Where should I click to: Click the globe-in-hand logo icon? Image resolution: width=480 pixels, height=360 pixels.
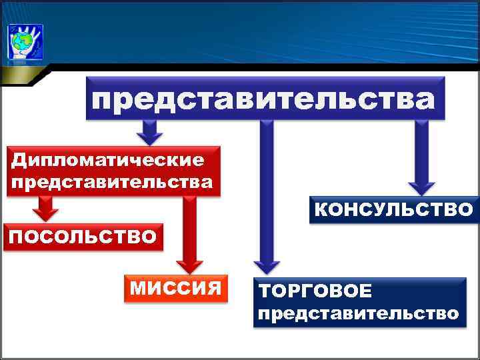[x=25, y=41]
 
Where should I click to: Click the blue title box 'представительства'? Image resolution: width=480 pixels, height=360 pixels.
[x=264, y=100]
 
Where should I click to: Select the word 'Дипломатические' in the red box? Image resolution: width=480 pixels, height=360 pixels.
[x=107, y=161]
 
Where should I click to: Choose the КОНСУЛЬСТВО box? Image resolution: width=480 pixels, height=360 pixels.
[x=393, y=210]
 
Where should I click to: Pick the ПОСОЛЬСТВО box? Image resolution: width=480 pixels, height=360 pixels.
[x=83, y=236]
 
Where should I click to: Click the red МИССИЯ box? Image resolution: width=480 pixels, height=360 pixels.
[x=175, y=288]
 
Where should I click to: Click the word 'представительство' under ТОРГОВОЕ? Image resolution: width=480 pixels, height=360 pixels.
[x=359, y=313]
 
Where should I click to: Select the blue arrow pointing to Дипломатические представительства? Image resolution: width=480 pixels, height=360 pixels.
[x=151, y=131]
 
